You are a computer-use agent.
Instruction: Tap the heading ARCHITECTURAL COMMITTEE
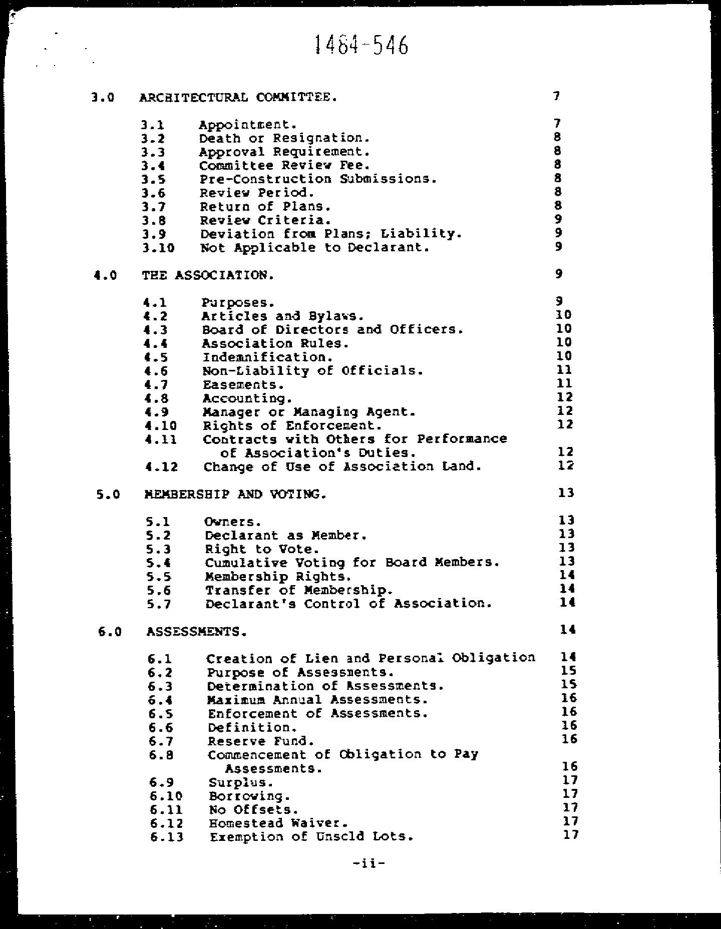(238, 97)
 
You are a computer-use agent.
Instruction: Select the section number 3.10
(158, 248)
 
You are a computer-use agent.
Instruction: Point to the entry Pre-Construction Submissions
(318, 179)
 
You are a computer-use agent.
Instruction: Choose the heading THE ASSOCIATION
(208, 275)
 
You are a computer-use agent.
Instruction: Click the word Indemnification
(267, 357)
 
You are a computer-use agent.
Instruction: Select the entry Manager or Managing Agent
(309, 412)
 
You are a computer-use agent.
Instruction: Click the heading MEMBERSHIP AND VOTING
(235, 495)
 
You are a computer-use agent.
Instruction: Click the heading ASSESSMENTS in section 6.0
(197, 632)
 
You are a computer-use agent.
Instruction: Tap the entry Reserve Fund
(261, 741)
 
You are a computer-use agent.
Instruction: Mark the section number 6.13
(167, 837)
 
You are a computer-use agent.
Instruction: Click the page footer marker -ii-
(369, 862)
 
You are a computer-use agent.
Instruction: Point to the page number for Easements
(564, 384)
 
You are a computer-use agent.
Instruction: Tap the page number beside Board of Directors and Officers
(564, 329)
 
